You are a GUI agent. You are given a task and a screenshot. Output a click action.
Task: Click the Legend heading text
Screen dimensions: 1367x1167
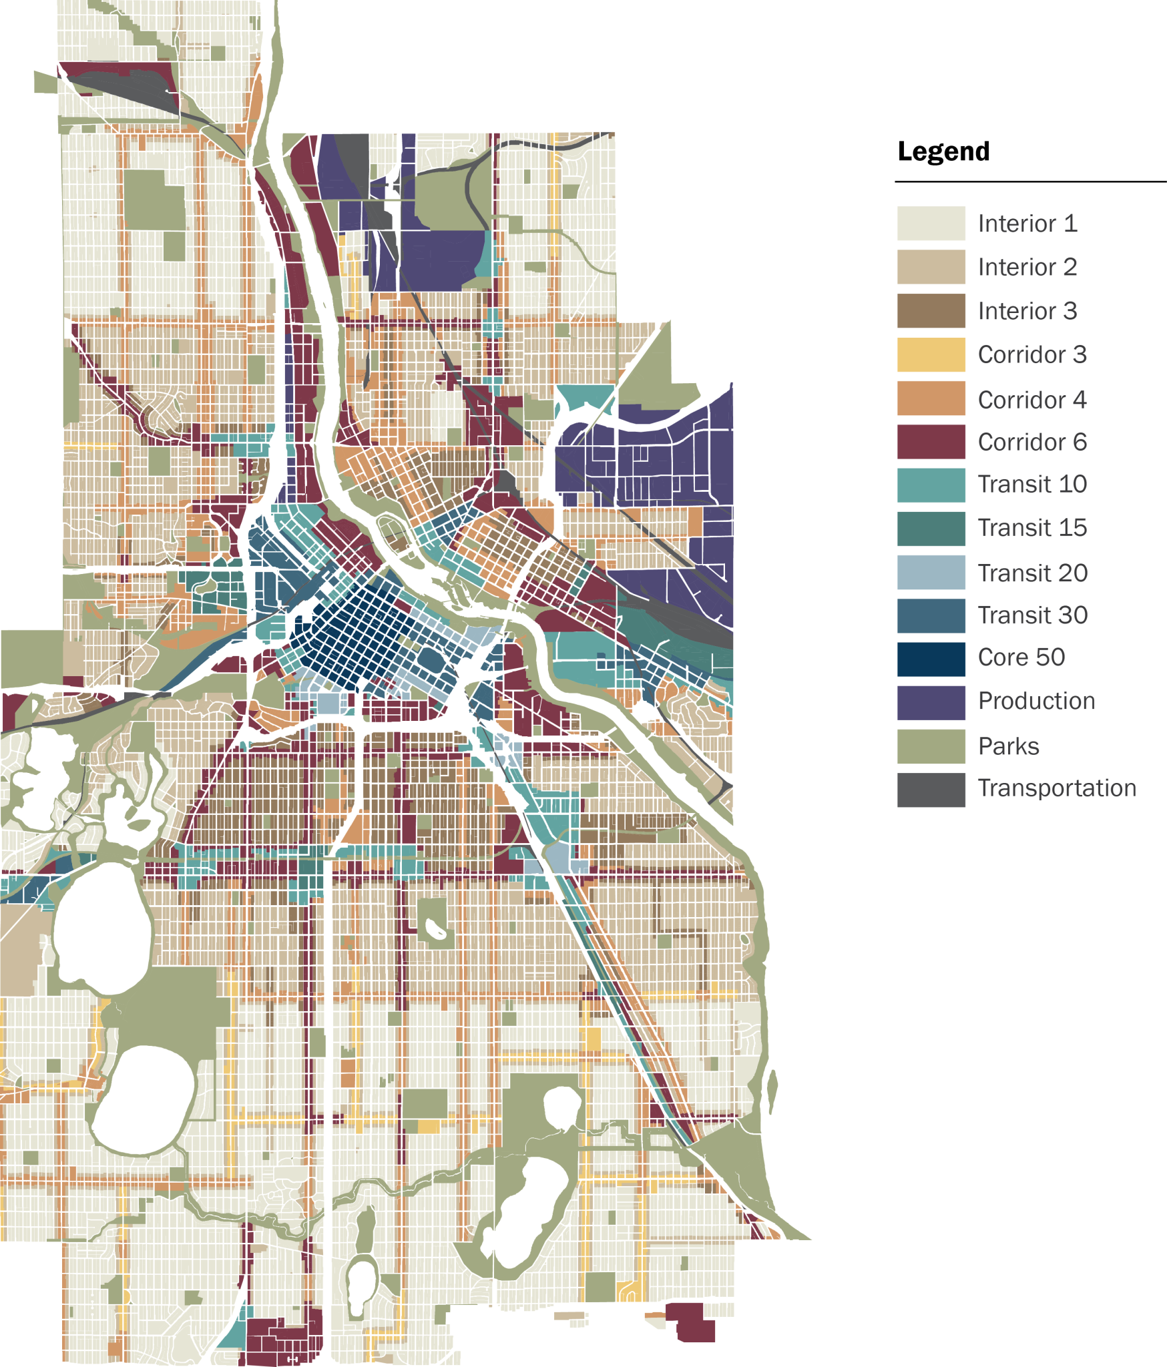(943, 152)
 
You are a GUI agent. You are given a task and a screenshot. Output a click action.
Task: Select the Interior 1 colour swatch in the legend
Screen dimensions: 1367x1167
(931, 223)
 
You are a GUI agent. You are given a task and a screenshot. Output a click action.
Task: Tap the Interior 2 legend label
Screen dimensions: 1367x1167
(1027, 267)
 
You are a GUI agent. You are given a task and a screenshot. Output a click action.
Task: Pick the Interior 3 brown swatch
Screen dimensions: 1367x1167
(931, 310)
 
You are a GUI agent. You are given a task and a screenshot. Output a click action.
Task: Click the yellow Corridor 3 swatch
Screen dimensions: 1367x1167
(931, 354)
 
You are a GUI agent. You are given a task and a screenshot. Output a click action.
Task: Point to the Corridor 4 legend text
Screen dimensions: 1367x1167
(1031, 400)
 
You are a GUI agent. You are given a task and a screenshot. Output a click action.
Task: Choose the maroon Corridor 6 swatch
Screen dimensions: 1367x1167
(931, 442)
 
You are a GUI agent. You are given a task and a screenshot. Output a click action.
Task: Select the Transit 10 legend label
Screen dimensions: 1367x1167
(1031, 484)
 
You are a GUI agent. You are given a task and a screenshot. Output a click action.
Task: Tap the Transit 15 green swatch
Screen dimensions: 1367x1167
(931, 528)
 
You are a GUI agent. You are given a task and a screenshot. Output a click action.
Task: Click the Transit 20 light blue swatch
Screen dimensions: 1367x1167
(931, 572)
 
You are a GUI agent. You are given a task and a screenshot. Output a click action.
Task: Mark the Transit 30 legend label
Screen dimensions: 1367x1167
(1032, 615)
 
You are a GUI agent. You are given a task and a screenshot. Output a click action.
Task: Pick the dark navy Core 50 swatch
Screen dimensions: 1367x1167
(931, 659)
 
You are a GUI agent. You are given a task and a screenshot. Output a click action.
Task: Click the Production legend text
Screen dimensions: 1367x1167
(1036, 701)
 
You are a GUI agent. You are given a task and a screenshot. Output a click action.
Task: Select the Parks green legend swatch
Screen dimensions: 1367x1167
(931, 746)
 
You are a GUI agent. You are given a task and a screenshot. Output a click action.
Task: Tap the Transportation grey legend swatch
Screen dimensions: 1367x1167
(931, 790)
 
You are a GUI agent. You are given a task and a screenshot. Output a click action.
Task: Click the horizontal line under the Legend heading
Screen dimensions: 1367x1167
(1029, 181)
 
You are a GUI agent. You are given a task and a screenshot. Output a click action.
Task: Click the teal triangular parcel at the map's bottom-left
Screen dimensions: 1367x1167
(234, 1334)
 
